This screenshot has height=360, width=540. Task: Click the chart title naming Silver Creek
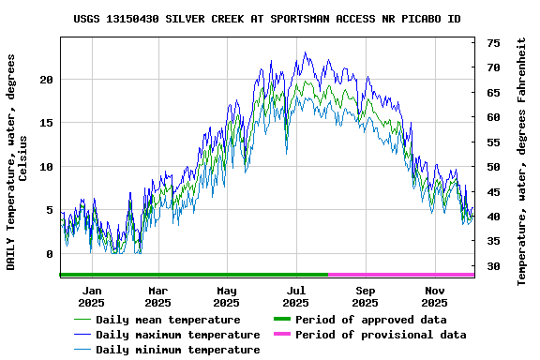coord(267,19)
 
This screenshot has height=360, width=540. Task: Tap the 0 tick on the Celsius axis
coord(49,254)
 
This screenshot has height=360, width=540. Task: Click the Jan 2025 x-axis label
coord(91,296)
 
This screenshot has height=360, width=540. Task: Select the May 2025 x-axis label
coord(226,296)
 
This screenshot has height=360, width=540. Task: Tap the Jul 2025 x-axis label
coord(295,296)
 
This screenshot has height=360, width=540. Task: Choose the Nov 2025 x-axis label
coord(434,296)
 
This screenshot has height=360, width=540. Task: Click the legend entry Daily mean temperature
coord(168,320)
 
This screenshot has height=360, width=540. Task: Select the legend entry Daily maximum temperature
coord(177,335)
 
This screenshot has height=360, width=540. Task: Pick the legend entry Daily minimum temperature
coord(177,350)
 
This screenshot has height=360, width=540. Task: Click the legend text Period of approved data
coord(370,320)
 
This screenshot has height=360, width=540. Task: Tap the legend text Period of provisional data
coord(380,335)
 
